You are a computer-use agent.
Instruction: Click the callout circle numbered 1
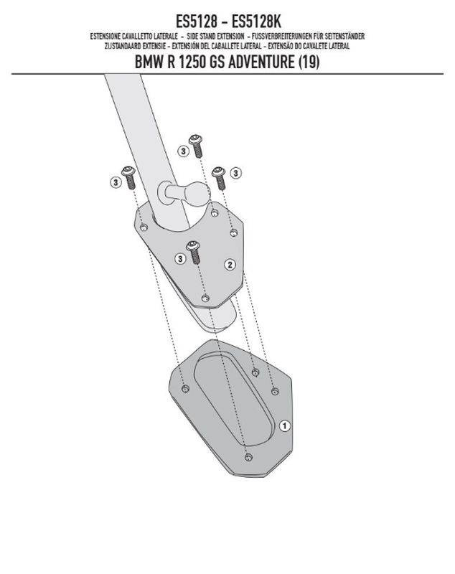285,425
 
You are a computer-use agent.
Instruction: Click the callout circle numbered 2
230,264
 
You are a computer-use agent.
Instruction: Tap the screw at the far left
129,177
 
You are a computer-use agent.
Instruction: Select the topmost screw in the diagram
196,146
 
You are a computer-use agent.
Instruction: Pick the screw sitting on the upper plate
193,253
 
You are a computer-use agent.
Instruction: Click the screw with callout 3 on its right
220,178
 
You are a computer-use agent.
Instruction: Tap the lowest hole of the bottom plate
248,457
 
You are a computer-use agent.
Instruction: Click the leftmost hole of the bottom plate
186,389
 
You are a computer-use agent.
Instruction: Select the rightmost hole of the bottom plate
275,392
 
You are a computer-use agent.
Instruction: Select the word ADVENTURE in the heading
261,62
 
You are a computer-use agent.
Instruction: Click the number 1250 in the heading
192,62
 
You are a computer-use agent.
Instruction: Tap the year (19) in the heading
309,62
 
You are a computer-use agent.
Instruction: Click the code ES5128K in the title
256,22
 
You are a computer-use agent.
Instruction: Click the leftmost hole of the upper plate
144,227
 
